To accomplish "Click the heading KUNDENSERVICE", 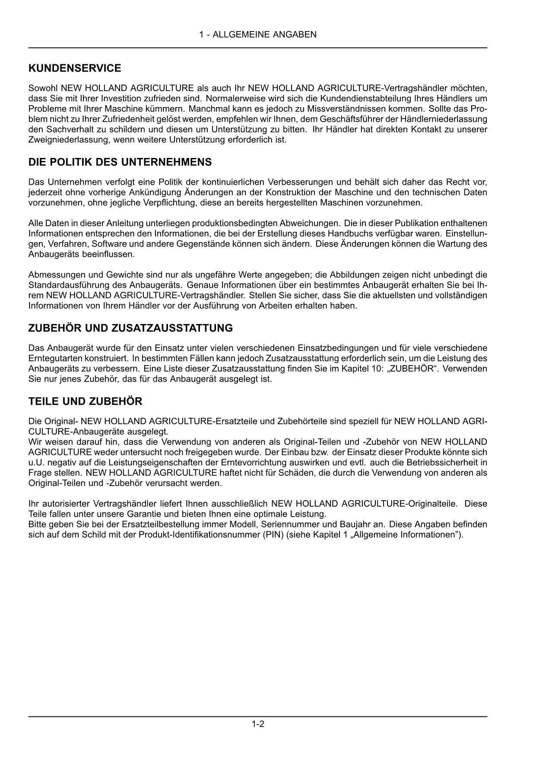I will (74, 68).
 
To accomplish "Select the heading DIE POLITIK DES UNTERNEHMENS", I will (120, 162).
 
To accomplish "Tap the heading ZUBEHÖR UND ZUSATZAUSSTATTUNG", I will (130, 328).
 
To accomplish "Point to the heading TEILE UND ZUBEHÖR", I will (85, 401).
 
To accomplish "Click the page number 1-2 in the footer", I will (258, 724).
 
